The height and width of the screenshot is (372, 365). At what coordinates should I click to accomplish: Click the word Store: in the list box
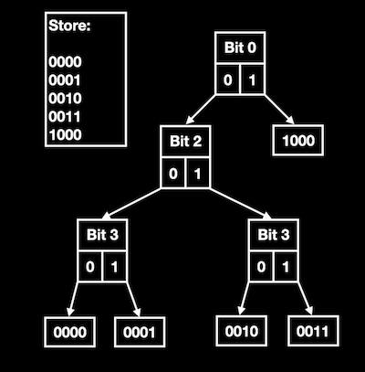(69, 26)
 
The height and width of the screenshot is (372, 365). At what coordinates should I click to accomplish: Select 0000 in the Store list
(65, 62)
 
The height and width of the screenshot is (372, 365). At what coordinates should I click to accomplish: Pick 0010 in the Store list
(65, 99)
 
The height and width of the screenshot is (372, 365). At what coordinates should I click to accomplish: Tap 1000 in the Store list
(65, 134)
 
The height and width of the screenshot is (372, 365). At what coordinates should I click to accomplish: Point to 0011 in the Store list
(65, 117)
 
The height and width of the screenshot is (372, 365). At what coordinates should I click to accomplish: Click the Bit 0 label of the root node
(240, 48)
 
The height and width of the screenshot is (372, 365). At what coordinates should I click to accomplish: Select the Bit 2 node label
(185, 141)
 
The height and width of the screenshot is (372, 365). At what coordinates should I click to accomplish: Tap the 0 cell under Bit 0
(227, 80)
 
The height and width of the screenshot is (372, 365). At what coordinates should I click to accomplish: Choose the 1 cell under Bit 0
(252, 80)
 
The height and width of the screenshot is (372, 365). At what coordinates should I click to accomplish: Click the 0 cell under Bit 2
(173, 174)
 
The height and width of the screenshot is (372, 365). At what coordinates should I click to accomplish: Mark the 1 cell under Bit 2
(197, 174)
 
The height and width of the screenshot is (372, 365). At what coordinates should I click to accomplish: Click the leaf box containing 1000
(298, 141)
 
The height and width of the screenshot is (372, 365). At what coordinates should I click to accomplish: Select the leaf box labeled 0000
(69, 332)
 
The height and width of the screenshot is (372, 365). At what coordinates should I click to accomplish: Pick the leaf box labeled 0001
(140, 332)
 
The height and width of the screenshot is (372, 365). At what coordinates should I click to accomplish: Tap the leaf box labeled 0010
(242, 331)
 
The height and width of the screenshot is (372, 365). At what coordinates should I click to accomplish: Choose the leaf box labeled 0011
(313, 331)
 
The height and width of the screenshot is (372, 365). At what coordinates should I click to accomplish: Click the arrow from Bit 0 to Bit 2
(201, 110)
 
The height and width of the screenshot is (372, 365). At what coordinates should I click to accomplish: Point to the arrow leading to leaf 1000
(279, 110)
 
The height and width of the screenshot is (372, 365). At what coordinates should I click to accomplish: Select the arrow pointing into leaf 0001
(133, 300)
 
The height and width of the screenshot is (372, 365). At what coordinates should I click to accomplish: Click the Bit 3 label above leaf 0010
(274, 235)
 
